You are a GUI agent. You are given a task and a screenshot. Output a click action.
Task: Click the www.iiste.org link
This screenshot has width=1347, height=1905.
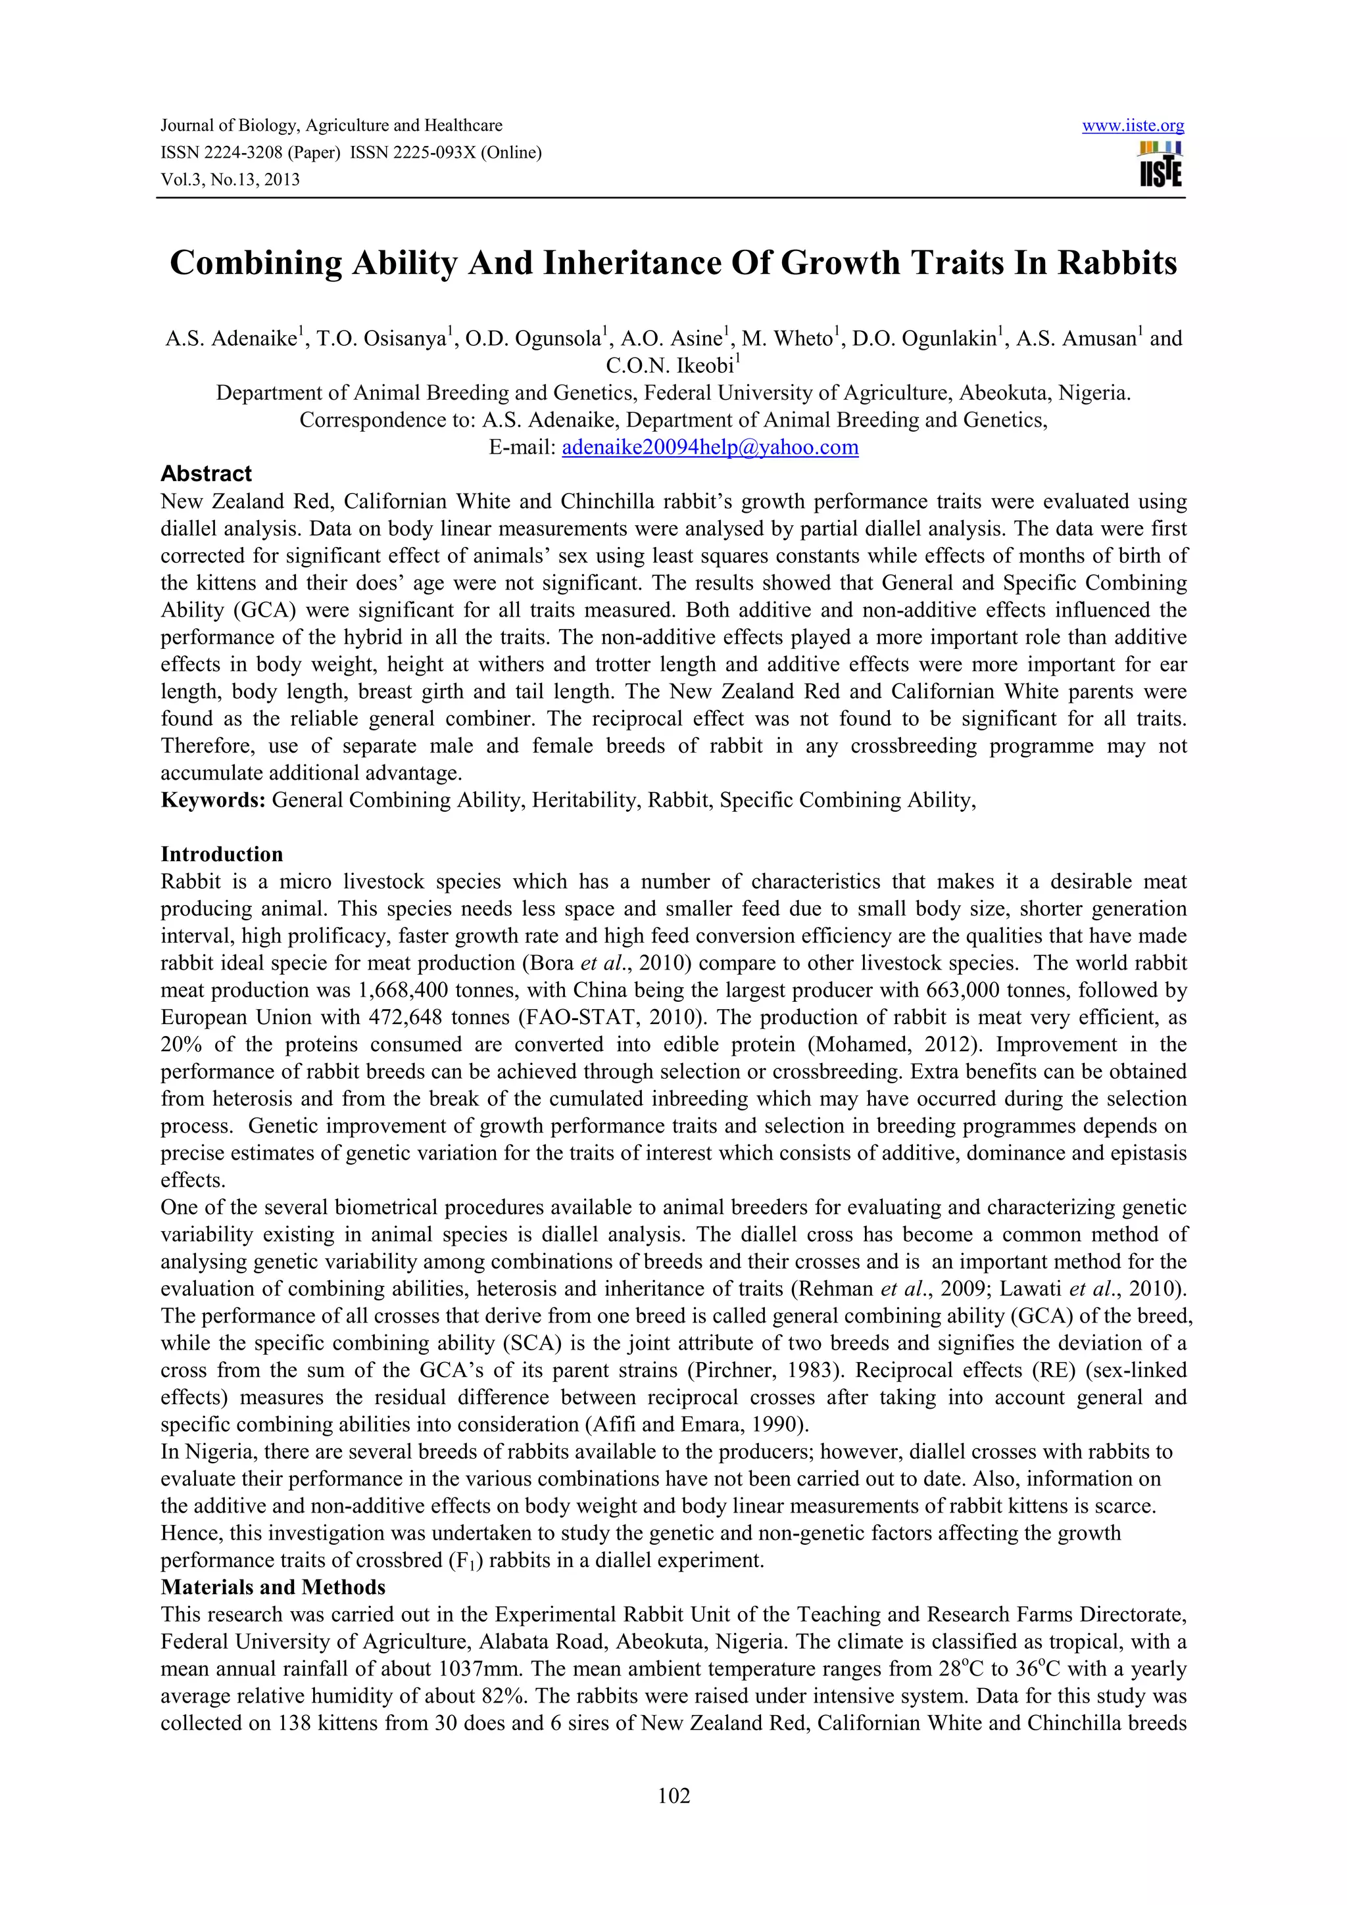coord(1133,126)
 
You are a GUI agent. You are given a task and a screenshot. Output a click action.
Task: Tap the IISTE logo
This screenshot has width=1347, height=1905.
coord(1160,164)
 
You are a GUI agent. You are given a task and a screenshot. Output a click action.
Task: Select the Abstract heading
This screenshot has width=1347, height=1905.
coord(206,474)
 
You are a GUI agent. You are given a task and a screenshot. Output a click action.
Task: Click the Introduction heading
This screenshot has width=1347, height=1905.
coord(222,854)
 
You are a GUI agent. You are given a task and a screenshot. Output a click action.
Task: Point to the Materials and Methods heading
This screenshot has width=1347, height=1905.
coord(273,1587)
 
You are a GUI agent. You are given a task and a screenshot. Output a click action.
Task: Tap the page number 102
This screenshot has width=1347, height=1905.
coord(673,1797)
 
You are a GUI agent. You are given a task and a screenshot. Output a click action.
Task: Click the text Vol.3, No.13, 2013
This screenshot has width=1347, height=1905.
coord(230,179)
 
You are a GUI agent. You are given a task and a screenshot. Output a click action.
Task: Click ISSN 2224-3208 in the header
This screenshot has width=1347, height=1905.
coord(222,153)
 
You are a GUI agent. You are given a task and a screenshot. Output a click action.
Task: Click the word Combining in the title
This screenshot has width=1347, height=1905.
coord(256,263)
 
